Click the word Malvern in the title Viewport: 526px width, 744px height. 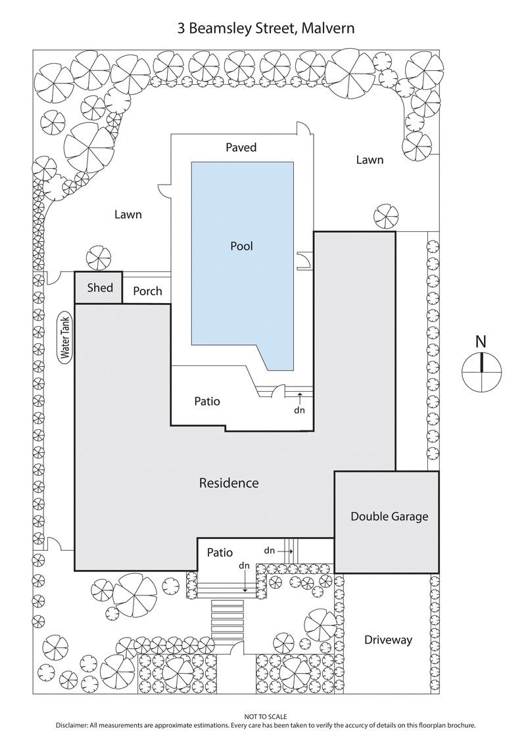pyautogui.click(x=327, y=29)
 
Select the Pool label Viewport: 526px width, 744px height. pyautogui.click(x=241, y=246)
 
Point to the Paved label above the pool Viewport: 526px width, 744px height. pyautogui.click(x=241, y=147)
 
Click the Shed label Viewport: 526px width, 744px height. pyautogui.click(x=100, y=288)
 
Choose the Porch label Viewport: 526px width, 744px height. pyautogui.click(x=147, y=291)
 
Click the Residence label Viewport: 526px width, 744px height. pyautogui.click(x=228, y=483)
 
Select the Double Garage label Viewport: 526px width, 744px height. pyautogui.click(x=389, y=516)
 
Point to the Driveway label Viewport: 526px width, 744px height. pyautogui.click(x=388, y=639)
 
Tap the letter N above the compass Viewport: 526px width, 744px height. pyautogui.click(x=481, y=341)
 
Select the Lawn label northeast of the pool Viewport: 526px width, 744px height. pyautogui.click(x=370, y=160)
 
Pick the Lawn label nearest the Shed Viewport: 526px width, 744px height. pyautogui.click(x=128, y=214)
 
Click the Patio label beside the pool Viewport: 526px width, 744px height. pyautogui.click(x=206, y=401)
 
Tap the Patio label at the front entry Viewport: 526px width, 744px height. pyautogui.click(x=220, y=553)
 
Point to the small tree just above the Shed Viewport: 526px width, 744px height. pyautogui.click(x=99, y=256)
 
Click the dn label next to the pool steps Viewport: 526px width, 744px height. pyautogui.click(x=299, y=409)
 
